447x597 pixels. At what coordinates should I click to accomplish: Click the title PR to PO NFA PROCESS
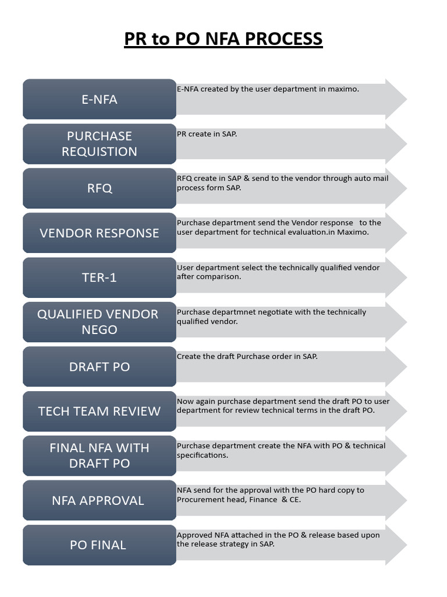click(223, 39)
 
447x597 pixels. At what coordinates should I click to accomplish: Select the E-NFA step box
click(100, 99)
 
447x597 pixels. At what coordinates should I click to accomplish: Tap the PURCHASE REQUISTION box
click(100, 143)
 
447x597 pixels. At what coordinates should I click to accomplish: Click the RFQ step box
click(100, 188)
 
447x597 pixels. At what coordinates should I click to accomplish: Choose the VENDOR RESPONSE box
click(100, 233)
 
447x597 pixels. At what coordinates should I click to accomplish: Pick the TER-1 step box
click(100, 278)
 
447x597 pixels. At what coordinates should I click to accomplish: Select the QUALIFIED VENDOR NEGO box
click(100, 322)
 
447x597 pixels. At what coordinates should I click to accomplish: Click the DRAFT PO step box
click(100, 367)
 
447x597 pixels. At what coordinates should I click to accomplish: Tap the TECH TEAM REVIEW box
click(100, 411)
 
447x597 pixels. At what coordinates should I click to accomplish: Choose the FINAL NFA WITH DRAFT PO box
click(100, 455)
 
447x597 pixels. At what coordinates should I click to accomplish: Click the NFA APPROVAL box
click(100, 500)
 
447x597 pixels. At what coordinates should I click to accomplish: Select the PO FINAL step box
click(100, 545)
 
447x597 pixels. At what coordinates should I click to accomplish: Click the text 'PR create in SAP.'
click(207, 134)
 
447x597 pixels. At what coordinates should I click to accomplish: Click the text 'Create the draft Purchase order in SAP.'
click(247, 356)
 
